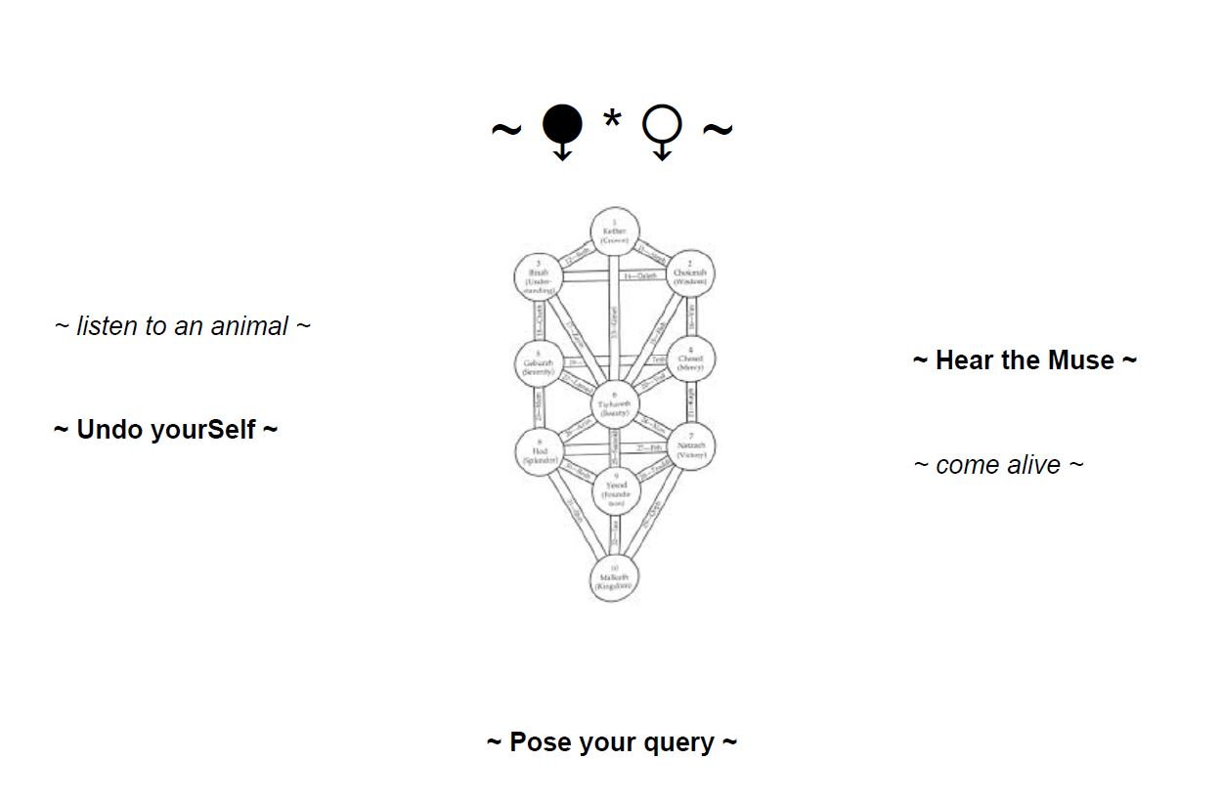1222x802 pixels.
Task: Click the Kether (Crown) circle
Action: pos(615,232)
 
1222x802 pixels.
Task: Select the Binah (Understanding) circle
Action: pos(540,277)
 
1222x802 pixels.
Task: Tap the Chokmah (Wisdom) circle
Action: pos(689,273)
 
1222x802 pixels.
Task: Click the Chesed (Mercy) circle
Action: pos(689,359)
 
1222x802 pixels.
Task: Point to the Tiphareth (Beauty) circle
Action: pos(615,403)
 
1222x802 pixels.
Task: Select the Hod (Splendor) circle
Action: pos(540,450)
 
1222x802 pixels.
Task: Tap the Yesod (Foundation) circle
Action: pos(616,489)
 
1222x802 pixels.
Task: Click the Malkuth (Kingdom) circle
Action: pos(614,577)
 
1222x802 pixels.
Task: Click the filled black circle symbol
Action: pos(562,126)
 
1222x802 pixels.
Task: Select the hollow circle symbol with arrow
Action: pos(662,128)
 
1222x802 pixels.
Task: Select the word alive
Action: pos(1033,465)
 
